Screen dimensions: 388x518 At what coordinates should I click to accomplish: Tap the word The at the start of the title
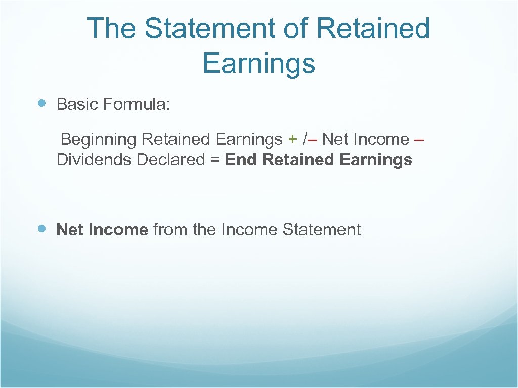pyautogui.click(x=112, y=29)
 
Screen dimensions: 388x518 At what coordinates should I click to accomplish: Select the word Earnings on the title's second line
pyautogui.click(x=258, y=64)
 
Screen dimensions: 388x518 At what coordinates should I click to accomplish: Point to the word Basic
pyautogui.click(x=77, y=105)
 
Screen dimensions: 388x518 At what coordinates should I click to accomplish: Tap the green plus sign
pyautogui.click(x=292, y=139)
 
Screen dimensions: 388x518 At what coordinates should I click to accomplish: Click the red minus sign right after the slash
pyautogui.click(x=312, y=139)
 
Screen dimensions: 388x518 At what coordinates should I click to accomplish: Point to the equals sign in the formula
pyautogui.click(x=214, y=160)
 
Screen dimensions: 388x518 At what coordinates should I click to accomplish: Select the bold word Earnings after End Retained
pyautogui.click(x=376, y=160)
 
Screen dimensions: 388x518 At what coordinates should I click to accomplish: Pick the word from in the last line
pyautogui.click(x=170, y=230)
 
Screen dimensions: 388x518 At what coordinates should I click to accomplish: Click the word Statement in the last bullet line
pyautogui.click(x=321, y=230)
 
